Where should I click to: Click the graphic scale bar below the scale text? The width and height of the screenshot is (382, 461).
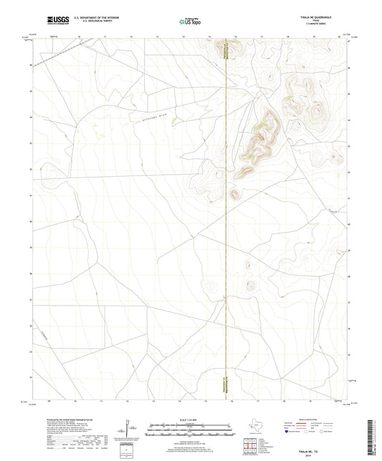[x=191, y=430]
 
